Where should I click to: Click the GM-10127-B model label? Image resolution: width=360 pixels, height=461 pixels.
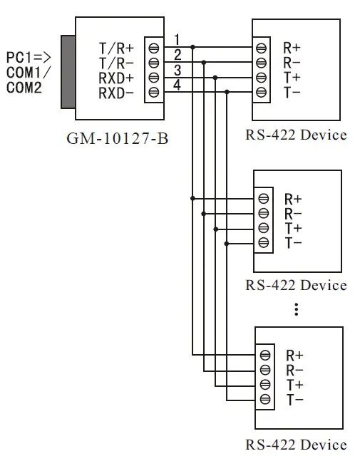[117, 138]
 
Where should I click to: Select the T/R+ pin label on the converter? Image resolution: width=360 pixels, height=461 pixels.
[116, 48]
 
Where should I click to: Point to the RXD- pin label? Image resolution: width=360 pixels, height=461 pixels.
[116, 93]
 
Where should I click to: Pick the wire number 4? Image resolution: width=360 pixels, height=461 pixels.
[178, 85]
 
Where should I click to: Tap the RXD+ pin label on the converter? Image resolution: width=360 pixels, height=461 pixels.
[116, 78]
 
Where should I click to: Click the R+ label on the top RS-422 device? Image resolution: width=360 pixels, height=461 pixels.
[292, 48]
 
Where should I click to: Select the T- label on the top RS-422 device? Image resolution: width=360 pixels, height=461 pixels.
[292, 93]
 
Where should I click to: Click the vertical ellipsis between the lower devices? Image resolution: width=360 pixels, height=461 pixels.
[296, 309]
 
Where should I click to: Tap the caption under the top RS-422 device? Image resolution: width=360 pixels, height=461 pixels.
[296, 135]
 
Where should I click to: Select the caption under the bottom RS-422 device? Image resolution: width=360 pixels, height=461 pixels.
[296, 445]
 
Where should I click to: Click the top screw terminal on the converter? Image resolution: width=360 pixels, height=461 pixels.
[153, 48]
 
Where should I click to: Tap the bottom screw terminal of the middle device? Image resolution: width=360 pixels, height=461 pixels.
[264, 243]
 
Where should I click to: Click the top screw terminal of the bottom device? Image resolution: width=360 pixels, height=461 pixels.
[265, 355]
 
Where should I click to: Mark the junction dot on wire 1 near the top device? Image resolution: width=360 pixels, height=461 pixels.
[192, 48]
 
